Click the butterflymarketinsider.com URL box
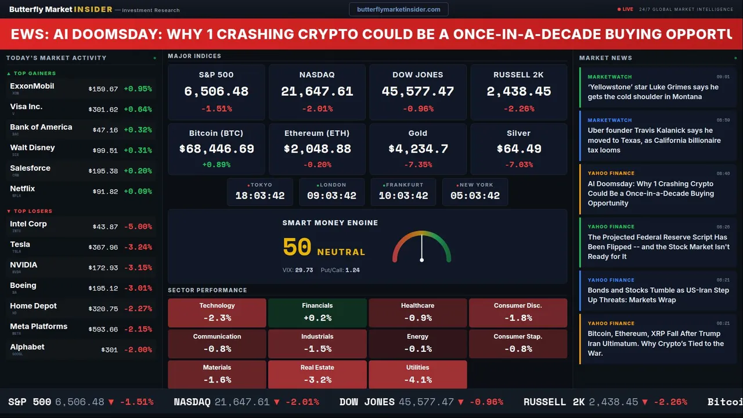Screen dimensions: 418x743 tap(398, 9)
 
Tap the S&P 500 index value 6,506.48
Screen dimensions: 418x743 tap(216, 91)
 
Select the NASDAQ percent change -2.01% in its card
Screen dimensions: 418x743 tap(317, 109)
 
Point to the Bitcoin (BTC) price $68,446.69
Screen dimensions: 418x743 tap(217, 149)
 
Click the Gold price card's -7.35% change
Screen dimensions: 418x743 tap(418, 164)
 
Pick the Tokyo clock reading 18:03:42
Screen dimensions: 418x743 tap(260, 196)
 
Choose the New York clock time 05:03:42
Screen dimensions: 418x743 tap(475, 196)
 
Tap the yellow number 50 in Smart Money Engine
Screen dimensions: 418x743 tap(297, 247)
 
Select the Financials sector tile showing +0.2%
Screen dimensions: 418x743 tap(317, 313)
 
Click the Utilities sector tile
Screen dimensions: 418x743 tap(418, 374)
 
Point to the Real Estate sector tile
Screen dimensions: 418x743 tap(317, 374)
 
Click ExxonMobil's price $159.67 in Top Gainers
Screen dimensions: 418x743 tap(103, 89)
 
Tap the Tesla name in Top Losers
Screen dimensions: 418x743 tap(20, 244)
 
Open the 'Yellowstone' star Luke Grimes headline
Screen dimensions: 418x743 tap(653, 92)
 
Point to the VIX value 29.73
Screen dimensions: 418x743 tap(304, 270)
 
